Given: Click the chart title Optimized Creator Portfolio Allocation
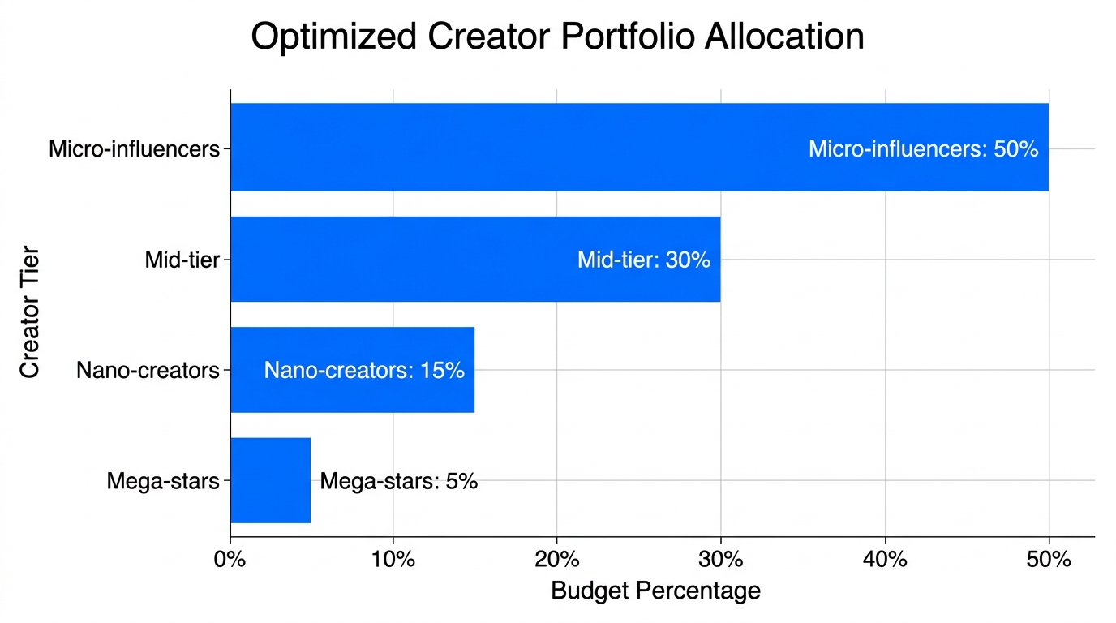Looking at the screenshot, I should coord(557,38).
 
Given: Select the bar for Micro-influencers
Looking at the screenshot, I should coord(519,148).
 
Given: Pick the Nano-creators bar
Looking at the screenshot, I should coord(247,371).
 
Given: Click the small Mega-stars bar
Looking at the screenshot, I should coord(270,481).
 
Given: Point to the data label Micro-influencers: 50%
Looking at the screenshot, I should coord(923,149).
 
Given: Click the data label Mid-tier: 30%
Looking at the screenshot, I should coord(644,260).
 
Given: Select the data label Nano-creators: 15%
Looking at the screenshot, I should coord(364,371).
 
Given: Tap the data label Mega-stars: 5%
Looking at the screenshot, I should coord(398,482).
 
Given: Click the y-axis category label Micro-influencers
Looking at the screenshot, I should coord(135,149).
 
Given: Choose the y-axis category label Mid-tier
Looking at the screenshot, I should coord(182,260).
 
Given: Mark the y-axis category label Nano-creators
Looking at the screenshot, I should coord(148,371).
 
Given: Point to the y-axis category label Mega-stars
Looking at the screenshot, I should coord(163,482).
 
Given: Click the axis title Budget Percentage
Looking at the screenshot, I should coord(655,591).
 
